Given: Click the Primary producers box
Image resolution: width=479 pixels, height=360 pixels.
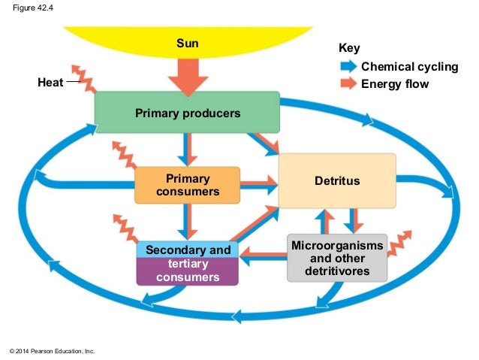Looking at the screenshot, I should [187, 113].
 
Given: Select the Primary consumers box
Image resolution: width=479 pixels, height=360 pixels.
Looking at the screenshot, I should [187, 185].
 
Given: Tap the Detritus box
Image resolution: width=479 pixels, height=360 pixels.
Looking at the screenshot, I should [337, 181].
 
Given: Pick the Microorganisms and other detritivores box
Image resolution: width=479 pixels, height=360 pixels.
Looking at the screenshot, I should [336, 258].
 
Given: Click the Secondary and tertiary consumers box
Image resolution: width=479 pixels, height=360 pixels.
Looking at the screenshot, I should [187, 263].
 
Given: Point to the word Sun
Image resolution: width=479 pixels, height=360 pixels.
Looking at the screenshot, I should [187, 43].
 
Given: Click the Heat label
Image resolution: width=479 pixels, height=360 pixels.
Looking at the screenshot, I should [50, 83].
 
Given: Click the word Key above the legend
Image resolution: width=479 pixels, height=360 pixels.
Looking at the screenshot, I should [349, 48].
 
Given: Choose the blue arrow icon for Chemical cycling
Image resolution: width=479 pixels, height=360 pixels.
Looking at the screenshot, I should [348, 67].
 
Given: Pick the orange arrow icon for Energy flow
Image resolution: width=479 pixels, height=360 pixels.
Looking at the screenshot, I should [348, 83].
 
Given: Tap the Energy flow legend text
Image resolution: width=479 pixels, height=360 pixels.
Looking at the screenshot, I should [395, 83].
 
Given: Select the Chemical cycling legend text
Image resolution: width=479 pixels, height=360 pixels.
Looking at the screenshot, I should [409, 67].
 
